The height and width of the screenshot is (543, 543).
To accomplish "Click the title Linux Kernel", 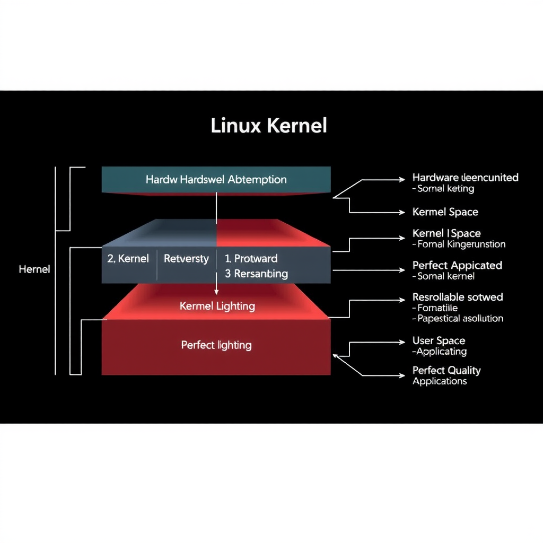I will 269,126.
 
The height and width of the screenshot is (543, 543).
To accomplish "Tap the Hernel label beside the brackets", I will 34,269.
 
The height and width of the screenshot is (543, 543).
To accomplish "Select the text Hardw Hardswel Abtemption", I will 216,179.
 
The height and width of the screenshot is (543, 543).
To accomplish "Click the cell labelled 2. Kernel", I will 128,259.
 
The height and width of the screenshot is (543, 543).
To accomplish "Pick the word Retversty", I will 186,259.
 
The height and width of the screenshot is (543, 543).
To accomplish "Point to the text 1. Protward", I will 251,259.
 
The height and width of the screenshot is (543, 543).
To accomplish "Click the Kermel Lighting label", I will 217,306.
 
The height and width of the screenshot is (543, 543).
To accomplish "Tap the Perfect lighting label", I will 216,345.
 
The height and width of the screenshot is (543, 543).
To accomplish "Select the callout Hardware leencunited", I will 465,178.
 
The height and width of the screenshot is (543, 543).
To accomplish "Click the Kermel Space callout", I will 445,212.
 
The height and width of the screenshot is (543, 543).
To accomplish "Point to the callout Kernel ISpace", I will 446,233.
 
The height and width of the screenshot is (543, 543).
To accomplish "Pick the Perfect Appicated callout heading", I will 457,265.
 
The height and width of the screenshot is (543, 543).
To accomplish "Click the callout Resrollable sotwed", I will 458,297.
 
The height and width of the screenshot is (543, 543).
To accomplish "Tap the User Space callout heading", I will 439,341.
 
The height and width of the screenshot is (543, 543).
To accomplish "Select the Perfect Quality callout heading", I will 446,370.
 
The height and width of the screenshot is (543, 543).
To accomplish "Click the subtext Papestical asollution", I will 460,319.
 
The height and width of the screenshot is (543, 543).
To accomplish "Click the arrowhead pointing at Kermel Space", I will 402,212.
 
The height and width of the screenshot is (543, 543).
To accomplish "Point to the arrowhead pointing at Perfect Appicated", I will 402,270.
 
